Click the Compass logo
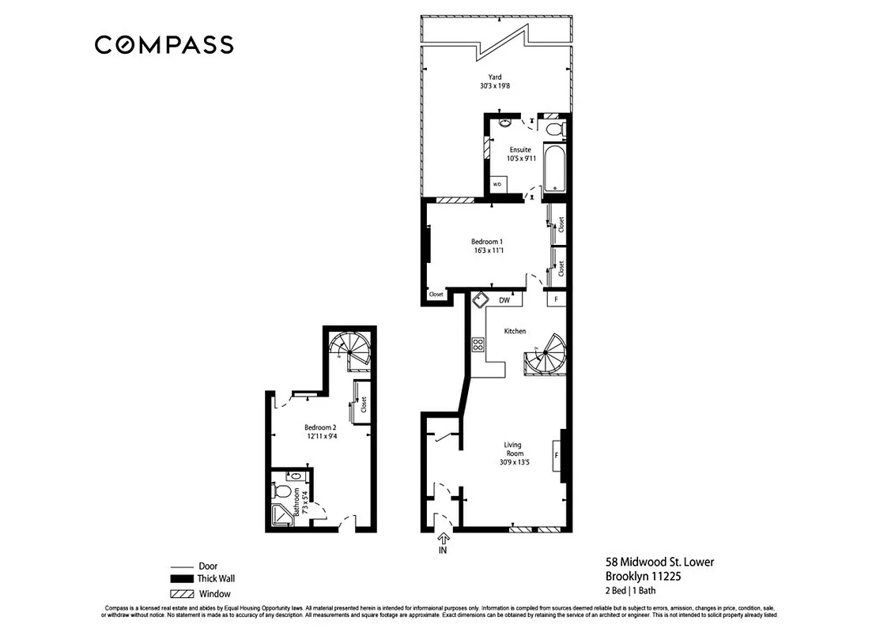(x=164, y=45)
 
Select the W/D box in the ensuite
(x=497, y=184)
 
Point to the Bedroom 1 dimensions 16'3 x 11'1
(x=487, y=250)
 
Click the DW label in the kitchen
(x=504, y=300)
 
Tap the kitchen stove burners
(x=478, y=344)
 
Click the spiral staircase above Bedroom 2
(x=350, y=348)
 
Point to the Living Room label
(x=512, y=450)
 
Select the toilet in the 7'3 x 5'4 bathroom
(x=282, y=493)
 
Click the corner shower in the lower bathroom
(x=281, y=516)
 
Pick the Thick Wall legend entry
(x=216, y=578)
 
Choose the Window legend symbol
(x=181, y=593)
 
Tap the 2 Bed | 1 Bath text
(x=630, y=590)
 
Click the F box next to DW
(x=556, y=300)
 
